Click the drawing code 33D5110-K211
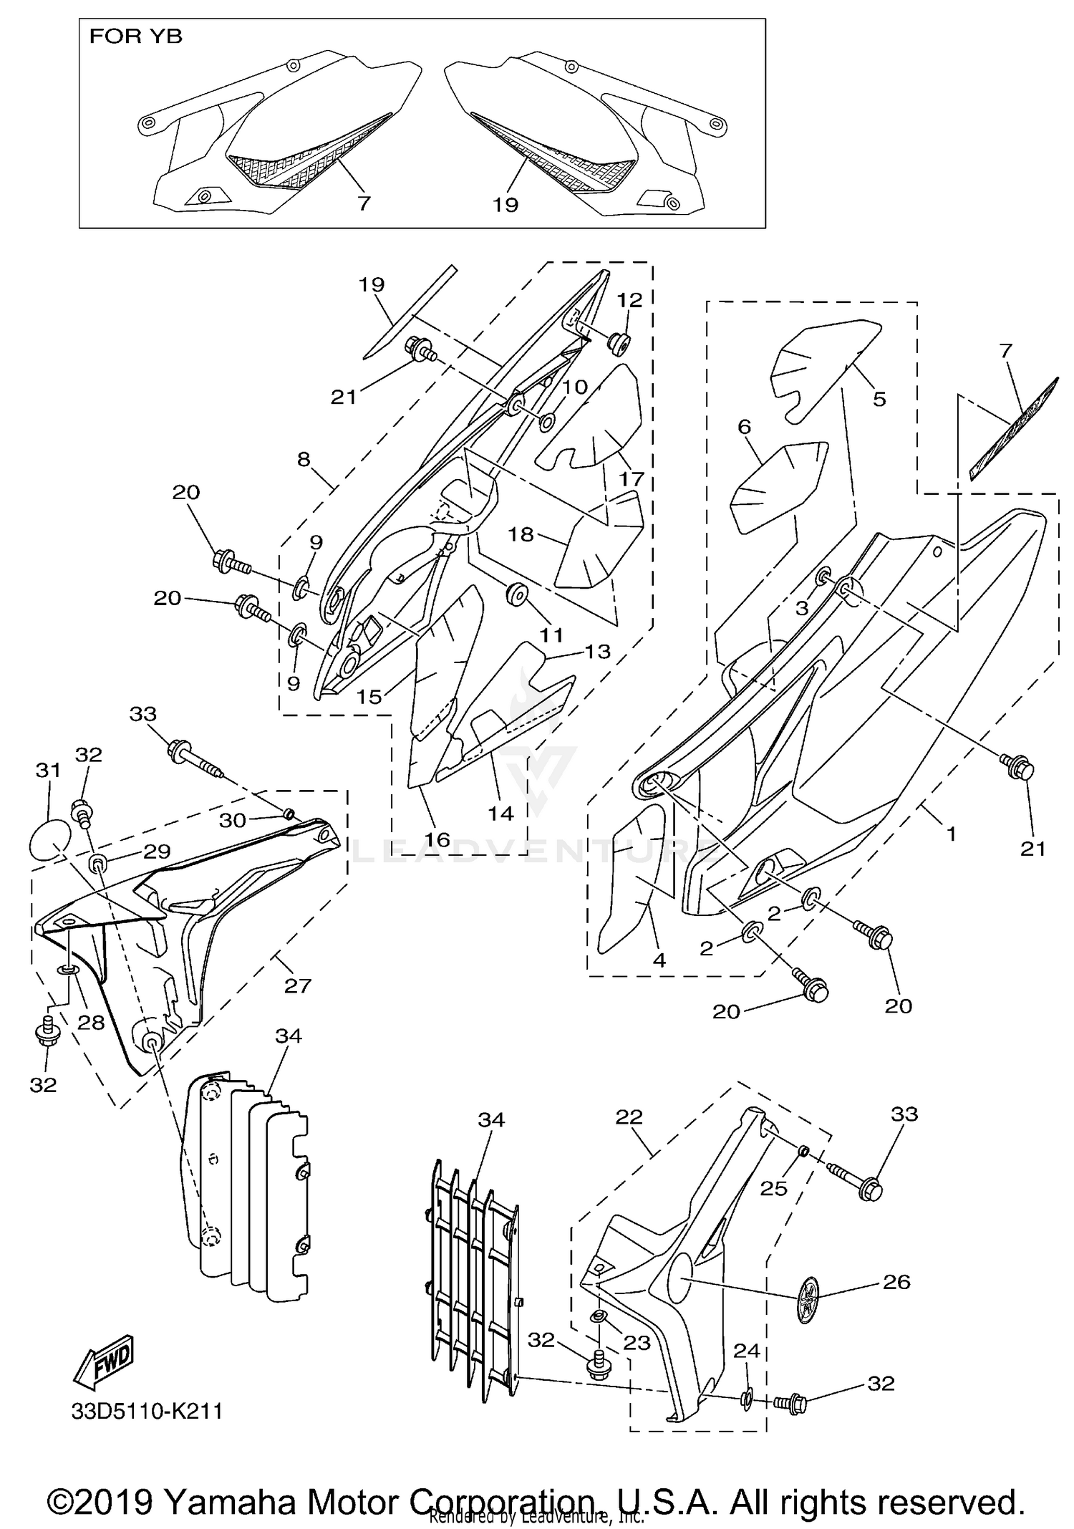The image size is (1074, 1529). [x=147, y=1412]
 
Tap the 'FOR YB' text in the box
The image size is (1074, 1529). [x=135, y=37]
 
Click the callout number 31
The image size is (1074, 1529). [x=48, y=771]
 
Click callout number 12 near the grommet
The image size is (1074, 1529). [x=630, y=299]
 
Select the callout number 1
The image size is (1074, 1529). [x=951, y=834]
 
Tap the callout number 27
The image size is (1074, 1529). [x=298, y=985]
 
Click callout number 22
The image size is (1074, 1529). [x=629, y=1116]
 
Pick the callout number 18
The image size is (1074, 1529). [x=521, y=534]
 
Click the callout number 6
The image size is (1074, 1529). [x=744, y=427]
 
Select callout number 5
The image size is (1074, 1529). [x=879, y=398]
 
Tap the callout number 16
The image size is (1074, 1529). [x=437, y=839]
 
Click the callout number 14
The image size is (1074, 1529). [x=500, y=814]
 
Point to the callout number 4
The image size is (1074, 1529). [x=659, y=960]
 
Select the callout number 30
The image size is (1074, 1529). [x=233, y=821]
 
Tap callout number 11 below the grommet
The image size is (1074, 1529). [x=551, y=635]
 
